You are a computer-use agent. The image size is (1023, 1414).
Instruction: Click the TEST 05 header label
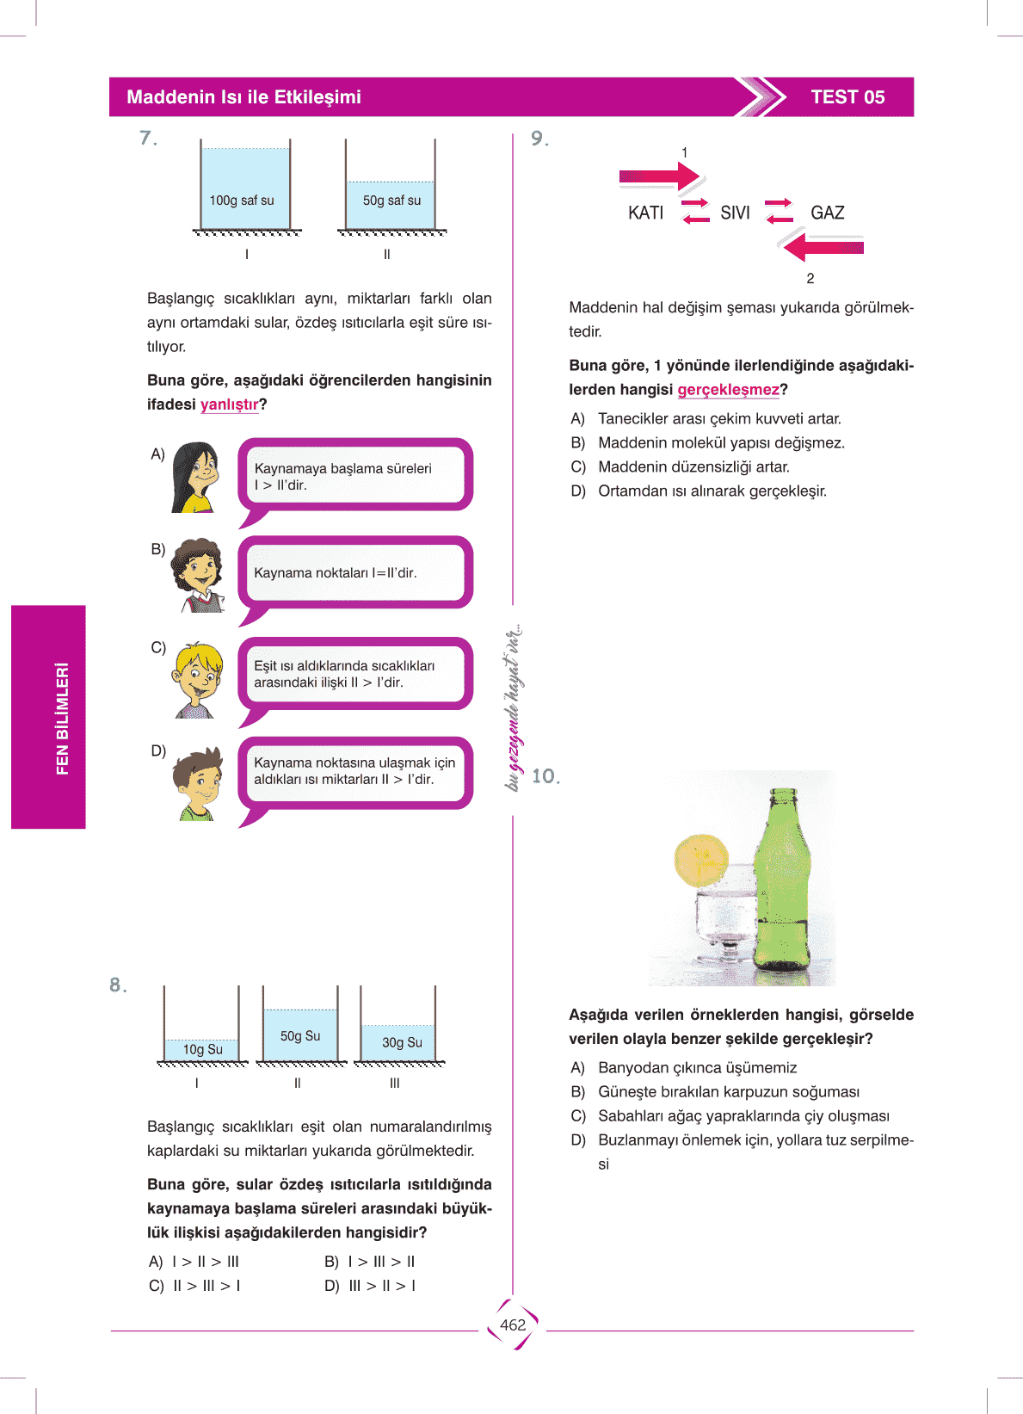847,97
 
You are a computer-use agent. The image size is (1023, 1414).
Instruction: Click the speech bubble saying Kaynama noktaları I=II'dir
354,573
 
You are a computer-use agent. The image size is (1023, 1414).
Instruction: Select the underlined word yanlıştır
229,404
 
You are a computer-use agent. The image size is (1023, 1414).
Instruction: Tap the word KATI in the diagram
645,213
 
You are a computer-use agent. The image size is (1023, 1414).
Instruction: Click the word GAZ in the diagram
827,213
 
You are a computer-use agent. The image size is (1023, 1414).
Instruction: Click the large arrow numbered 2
823,248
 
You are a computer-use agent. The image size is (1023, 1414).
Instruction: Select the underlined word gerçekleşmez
728,390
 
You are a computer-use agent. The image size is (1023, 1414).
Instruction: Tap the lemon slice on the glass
700,860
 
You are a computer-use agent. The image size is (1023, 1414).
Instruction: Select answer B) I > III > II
370,1262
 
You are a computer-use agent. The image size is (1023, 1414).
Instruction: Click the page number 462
513,1325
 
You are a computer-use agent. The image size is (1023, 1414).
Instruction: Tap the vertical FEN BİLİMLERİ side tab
49,717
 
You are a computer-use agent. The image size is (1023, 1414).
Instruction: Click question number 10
545,776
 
